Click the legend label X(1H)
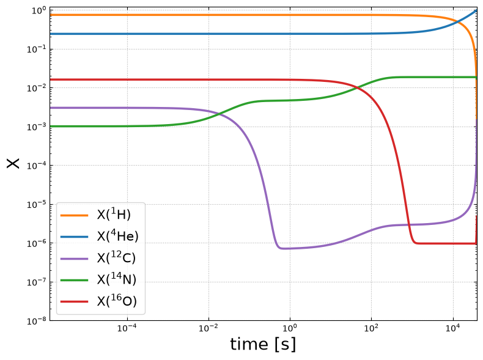pos(114,215)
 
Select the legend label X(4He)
pos(117,236)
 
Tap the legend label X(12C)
pos(116,257)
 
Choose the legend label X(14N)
pos(116,279)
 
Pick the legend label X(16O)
pos(117,301)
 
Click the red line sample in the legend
pos(74,301)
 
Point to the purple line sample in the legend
pos(74,259)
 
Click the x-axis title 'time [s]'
pos(263,344)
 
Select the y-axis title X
pos(13,163)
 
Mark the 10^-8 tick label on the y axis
pos(36,321)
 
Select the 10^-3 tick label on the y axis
pos(36,127)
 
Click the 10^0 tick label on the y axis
pos(39,10)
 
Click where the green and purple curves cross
pos(220,114)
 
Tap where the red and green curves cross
pos(356,88)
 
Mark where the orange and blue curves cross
pos(458,22)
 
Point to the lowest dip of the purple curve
pos(283,248)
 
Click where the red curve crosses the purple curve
pos(410,225)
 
